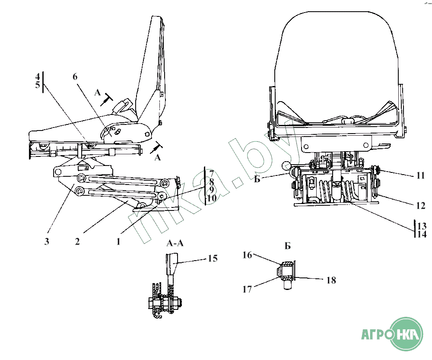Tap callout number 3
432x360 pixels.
(x=47, y=242)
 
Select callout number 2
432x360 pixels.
(x=77, y=242)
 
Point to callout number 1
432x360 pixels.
(x=118, y=242)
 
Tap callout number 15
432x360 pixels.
(x=212, y=259)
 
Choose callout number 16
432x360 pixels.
(x=247, y=255)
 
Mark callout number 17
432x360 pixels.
(x=247, y=289)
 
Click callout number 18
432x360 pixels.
(x=331, y=280)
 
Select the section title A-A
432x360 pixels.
(x=175, y=243)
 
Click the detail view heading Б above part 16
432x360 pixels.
(x=288, y=246)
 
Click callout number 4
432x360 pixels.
(x=38, y=77)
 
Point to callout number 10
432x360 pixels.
(x=211, y=198)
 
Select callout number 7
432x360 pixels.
(x=211, y=173)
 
